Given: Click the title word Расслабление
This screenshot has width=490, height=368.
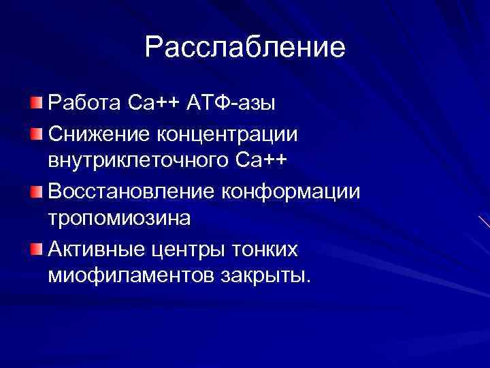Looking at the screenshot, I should [245, 48].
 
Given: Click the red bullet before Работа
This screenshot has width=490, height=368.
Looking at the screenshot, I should [35, 103].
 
